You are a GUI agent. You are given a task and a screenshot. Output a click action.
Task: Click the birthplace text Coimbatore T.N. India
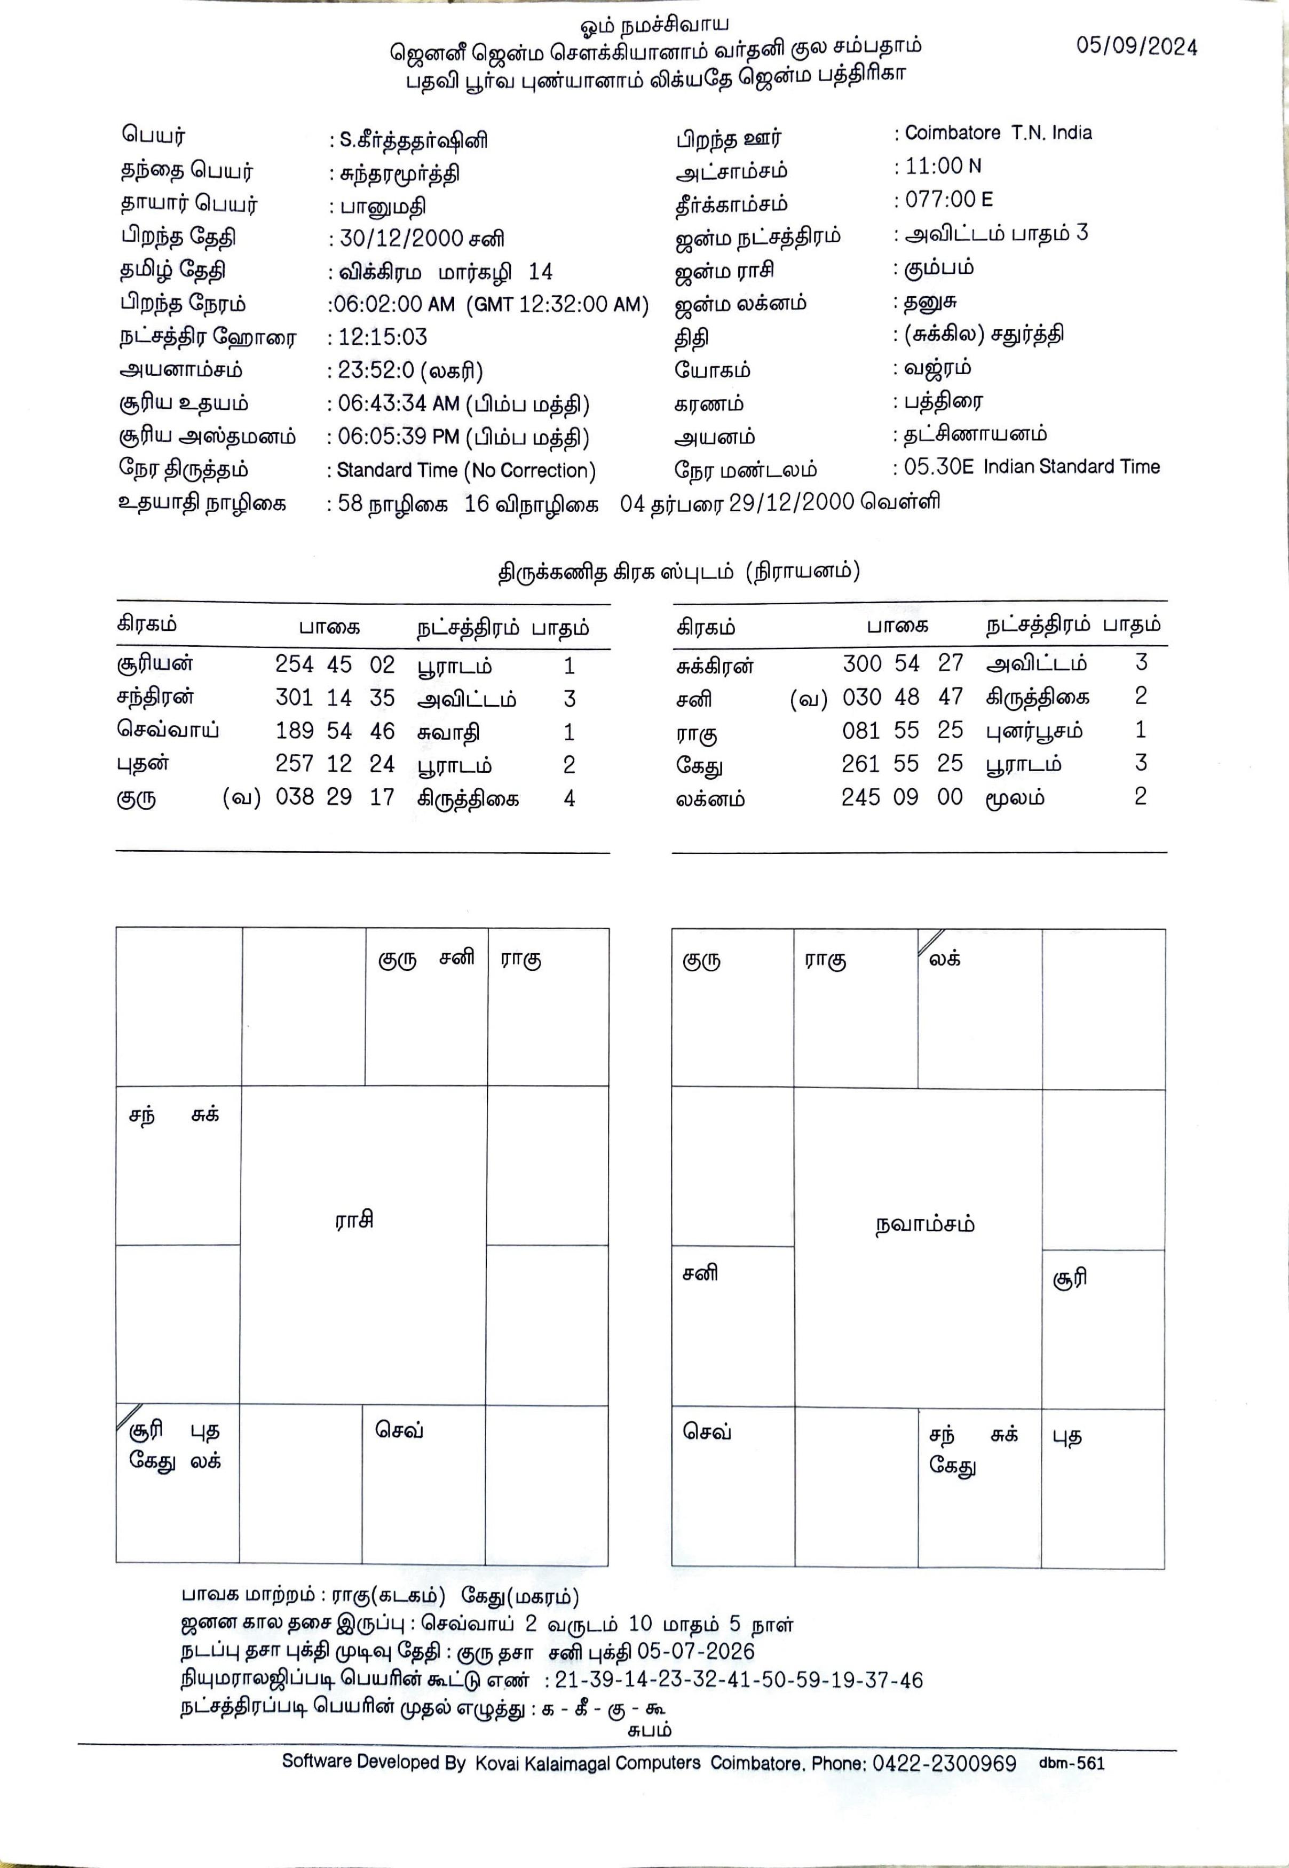[x=998, y=133]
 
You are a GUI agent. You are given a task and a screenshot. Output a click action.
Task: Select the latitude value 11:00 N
[x=943, y=167]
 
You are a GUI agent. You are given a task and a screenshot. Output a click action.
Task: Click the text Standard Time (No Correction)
[x=466, y=470]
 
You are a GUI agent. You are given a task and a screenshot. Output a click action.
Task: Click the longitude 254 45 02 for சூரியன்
[x=334, y=664]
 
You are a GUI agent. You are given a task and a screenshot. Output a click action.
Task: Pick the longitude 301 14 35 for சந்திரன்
[x=334, y=698]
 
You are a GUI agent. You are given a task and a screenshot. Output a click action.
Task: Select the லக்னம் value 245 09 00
[x=902, y=797]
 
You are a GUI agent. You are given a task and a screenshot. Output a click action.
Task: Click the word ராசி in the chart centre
[x=354, y=1220]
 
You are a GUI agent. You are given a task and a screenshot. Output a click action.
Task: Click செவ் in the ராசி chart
[x=399, y=1430]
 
